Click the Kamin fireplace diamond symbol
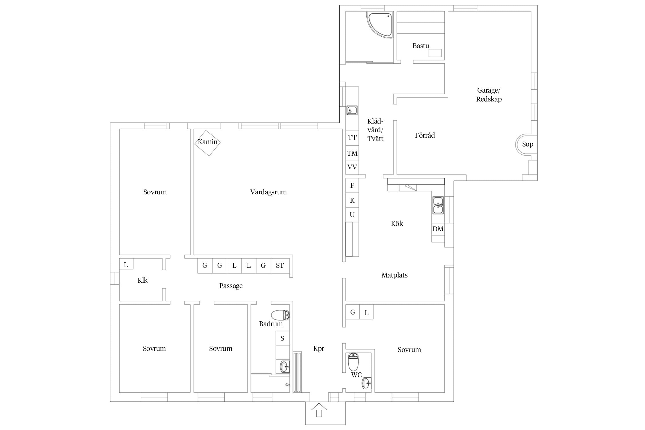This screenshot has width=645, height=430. tap(208, 143)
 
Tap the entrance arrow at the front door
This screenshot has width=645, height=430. tap(319, 410)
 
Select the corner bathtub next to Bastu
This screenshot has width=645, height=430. tap(380, 24)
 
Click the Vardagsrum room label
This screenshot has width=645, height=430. tap(268, 192)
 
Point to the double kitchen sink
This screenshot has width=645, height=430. tap(438, 205)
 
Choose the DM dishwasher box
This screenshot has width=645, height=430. tap(438, 229)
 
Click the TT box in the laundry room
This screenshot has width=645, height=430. tap(352, 138)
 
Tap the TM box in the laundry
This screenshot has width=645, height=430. tap(352, 153)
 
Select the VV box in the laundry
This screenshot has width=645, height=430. tap(352, 167)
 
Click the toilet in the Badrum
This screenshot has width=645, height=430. tap(280, 315)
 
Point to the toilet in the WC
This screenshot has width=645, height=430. tap(353, 362)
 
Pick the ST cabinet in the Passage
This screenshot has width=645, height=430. tap(280, 266)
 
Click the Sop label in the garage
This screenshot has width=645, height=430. tap(527, 144)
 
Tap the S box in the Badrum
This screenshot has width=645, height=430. tap(282, 338)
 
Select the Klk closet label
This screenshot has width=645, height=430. tap(142, 280)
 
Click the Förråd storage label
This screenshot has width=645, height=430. tap(425, 135)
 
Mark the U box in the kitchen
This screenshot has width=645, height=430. tap(352, 215)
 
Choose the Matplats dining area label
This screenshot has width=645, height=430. tap(394, 275)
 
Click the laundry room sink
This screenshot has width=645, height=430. tap(352, 110)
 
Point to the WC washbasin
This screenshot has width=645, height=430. tap(367, 383)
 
